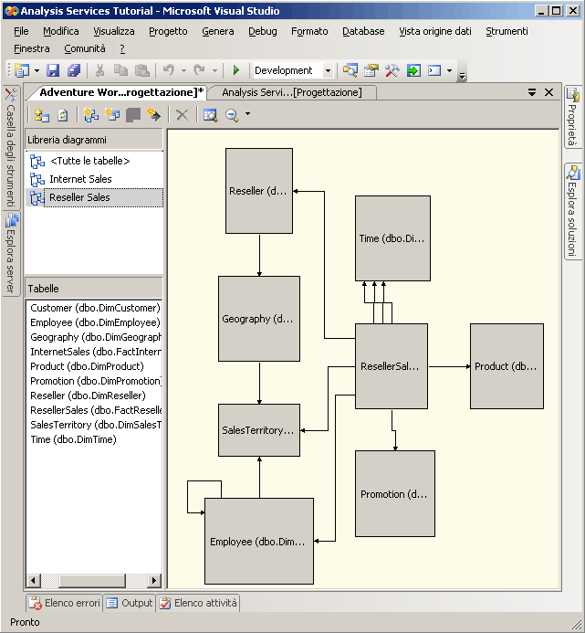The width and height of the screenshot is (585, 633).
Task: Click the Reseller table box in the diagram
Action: pyautogui.click(x=259, y=191)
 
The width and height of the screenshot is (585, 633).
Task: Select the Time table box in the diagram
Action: pyautogui.click(x=392, y=238)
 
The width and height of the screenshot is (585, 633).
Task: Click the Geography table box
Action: pyautogui.click(x=259, y=319)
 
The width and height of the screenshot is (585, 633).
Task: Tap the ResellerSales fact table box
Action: pyautogui.click(x=391, y=366)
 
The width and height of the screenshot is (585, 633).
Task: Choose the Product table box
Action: pyautogui.click(x=507, y=366)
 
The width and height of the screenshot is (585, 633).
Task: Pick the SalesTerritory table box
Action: pyautogui.click(x=259, y=430)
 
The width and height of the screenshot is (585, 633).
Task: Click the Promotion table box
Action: pyautogui.click(x=394, y=494)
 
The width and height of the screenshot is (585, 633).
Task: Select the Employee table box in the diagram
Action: pyautogui.click(x=258, y=542)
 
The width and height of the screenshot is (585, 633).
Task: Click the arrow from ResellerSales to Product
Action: pyautogui.click(x=448, y=366)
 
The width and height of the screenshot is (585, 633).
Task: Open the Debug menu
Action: pyautogui.click(x=262, y=31)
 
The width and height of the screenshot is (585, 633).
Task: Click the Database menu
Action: pyautogui.click(x=363, y=31)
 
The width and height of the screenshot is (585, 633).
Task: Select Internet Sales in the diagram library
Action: pyautogui.click(x=80, y=179)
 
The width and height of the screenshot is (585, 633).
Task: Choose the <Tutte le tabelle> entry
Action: pyautogui.click(x=89, y=161)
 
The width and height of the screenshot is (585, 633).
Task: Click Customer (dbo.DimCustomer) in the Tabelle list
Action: pyautogui.click(x=94, y=308)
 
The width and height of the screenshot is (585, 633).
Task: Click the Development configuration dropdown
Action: pyautogui.click(x=292, y=70)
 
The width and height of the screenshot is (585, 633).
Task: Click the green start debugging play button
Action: pyautogui.click(x=236, y=70)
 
